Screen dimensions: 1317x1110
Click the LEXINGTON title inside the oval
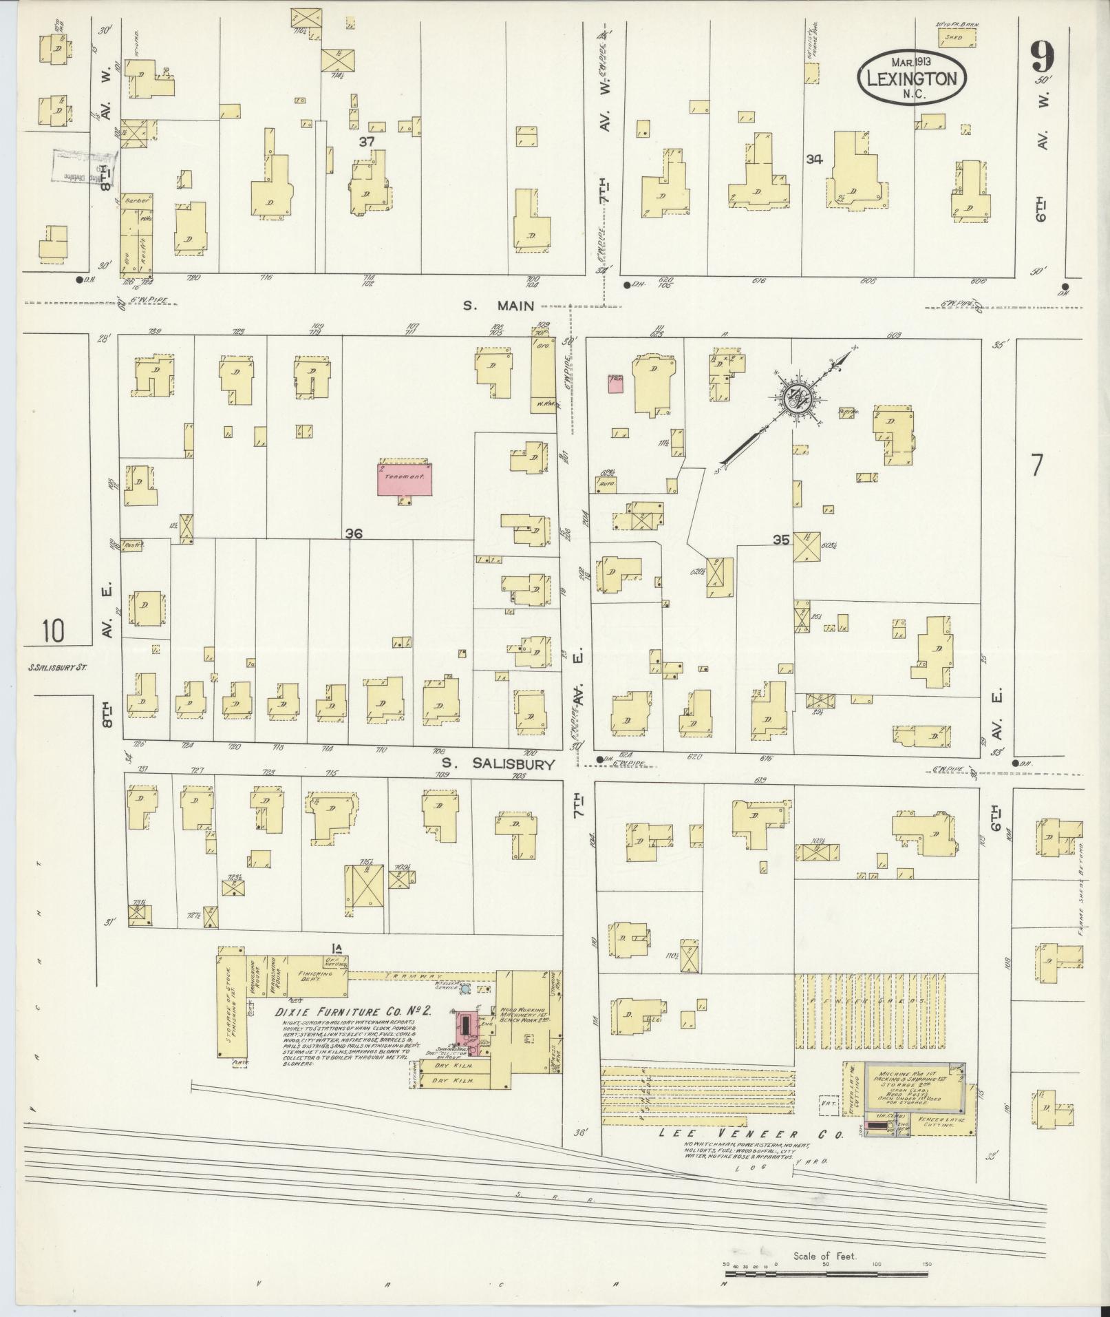912,78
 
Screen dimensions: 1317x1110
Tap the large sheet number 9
1042,58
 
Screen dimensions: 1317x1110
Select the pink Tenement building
405,478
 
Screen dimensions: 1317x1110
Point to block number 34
815,160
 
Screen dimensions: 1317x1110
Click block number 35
780,540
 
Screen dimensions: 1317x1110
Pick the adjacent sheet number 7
1036,466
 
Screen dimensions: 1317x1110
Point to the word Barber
133,201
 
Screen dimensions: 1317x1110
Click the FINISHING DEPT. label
316,978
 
